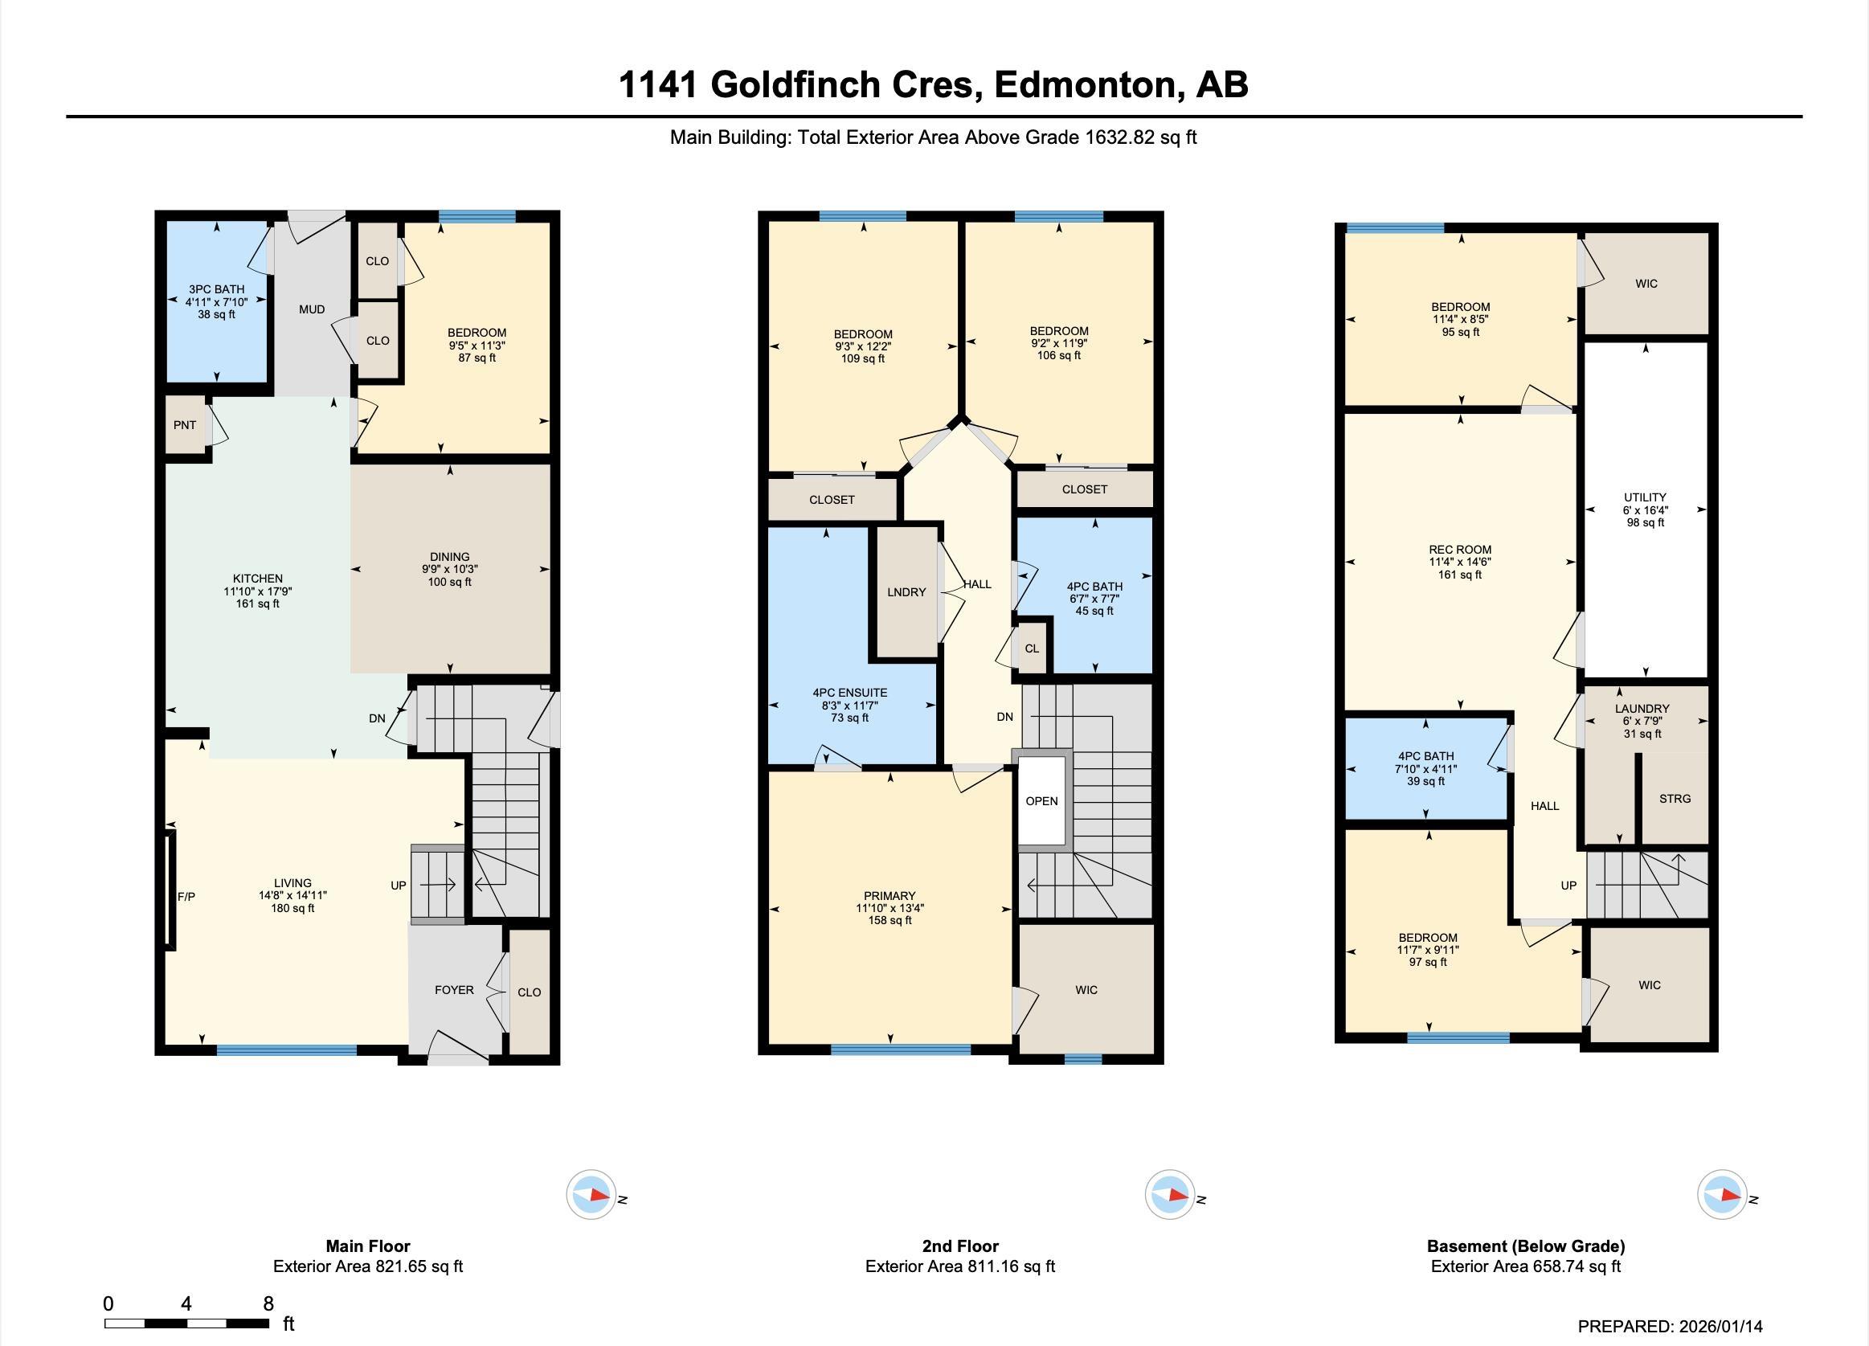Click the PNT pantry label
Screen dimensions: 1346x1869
pos(185,425)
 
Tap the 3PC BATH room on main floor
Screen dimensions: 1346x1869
pos(217,301)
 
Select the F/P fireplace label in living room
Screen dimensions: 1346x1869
pos(186,897)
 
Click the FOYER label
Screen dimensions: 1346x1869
pos(454,990)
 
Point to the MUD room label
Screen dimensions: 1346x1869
pos(312,309)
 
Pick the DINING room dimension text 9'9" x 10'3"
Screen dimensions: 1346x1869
pos(449,569)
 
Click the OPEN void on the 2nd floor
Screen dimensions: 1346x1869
pos(1041,800)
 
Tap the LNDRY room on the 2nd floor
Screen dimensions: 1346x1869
pos(906,591)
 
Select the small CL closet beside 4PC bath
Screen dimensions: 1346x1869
pos(1032,648)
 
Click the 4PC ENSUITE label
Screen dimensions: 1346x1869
pos(849,693)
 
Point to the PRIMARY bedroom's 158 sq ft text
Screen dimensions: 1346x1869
pos(890,921)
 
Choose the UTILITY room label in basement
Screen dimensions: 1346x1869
pos(1645,497)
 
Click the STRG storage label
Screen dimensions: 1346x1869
pos(1675,799)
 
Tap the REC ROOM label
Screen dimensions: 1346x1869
pos(1459,550)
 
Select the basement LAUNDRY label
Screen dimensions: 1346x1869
pos(1642,709)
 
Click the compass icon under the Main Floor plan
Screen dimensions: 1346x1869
pos(591,1194)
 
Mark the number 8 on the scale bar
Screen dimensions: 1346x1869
pos(268,1303)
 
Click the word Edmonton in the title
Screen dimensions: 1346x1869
pos(1086,85)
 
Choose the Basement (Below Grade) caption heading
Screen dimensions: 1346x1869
pos(1525,1246)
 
